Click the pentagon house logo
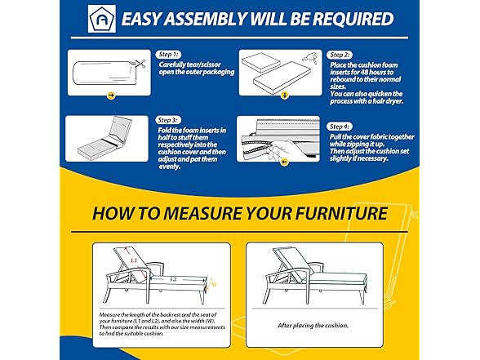tap(102, 19)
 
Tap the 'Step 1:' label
tap(168, 55)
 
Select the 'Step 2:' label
tap(340, 56)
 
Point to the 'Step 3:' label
tap(168, 120)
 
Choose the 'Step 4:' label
tap(340, 127)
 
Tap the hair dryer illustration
tap(310, 57)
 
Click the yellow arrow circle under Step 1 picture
tap(111, 96)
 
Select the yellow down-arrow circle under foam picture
tap(285, 96)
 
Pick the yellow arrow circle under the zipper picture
tap(285, 162)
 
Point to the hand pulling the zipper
tap(282, 148)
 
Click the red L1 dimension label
tap(134, 260)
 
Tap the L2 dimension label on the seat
tap(173, 279)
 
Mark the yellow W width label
tap(214, 285)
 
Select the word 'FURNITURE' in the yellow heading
tap(341, 213)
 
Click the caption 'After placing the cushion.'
tap(313, 326)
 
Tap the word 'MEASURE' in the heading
tap(202, 213)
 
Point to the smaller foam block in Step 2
tap(260, 63)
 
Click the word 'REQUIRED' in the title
tap(353, 19)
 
